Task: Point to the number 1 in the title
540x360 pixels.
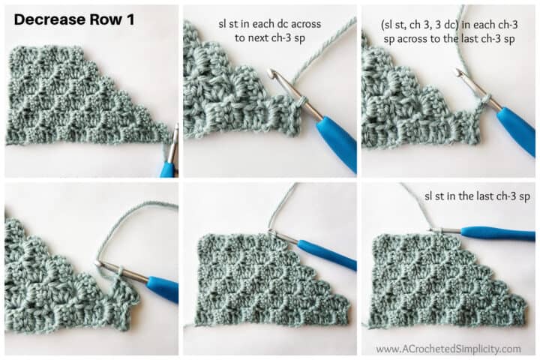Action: [x=130, y=20]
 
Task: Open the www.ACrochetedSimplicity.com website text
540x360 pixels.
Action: [x=448, y=349]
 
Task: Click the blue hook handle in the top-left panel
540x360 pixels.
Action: [x=168, y=169]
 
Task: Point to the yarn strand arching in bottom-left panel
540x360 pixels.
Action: [x=127, y=217]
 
